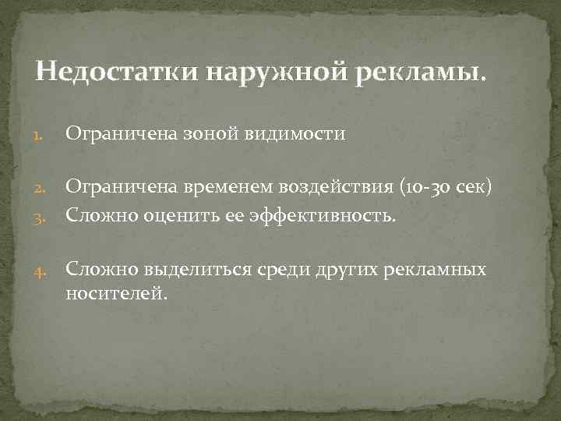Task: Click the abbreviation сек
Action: click(472, 187)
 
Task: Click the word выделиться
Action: click(196, 269)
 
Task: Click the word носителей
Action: click(116, 294)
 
